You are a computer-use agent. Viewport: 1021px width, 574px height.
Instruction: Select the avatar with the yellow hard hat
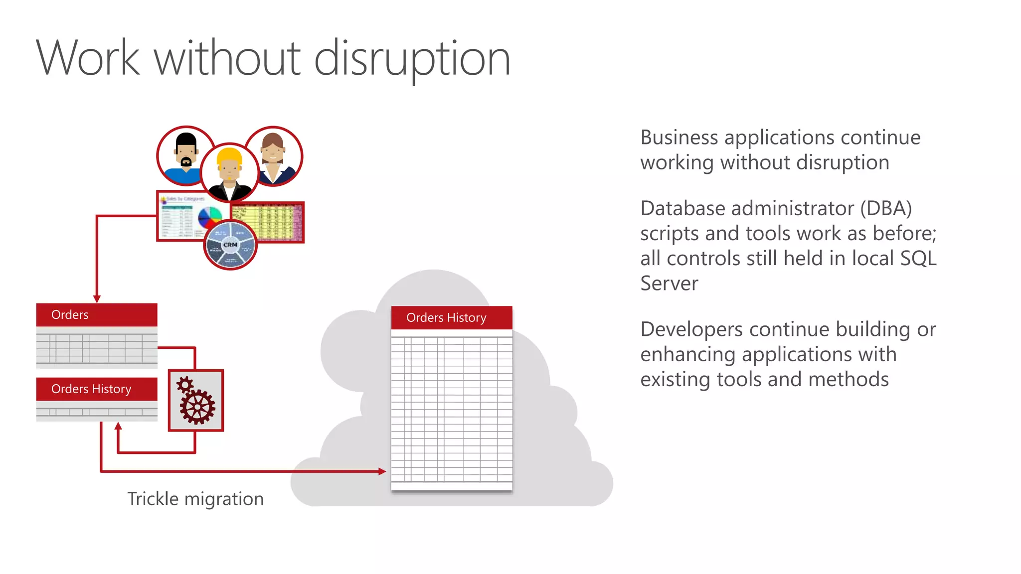(x=229, y=172)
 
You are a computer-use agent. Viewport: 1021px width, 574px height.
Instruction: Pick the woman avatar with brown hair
(x=273, y=155)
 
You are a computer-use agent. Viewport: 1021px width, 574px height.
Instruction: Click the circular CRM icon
(x=230, y=245)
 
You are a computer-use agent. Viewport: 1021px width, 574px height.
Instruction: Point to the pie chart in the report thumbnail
(x=210, y=218)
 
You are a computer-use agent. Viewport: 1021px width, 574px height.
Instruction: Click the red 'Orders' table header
(x=97, y=315)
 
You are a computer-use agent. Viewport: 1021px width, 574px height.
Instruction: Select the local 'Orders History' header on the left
(x=97, y=389)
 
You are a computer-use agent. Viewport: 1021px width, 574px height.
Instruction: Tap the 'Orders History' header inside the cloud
(x=451, y=317)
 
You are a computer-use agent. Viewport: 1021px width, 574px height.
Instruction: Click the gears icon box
(x=196, y=400)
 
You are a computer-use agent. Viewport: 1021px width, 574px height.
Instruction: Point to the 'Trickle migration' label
(x=195, y=499)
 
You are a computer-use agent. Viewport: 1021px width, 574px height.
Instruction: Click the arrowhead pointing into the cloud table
(x=382, y=471)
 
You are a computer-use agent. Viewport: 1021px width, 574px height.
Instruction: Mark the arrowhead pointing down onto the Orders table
(x=97, y=298)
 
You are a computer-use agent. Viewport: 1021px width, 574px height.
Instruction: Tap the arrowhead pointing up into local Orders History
(x=118, y=427)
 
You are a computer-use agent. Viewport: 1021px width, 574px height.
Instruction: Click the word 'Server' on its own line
(x=669, y=284)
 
